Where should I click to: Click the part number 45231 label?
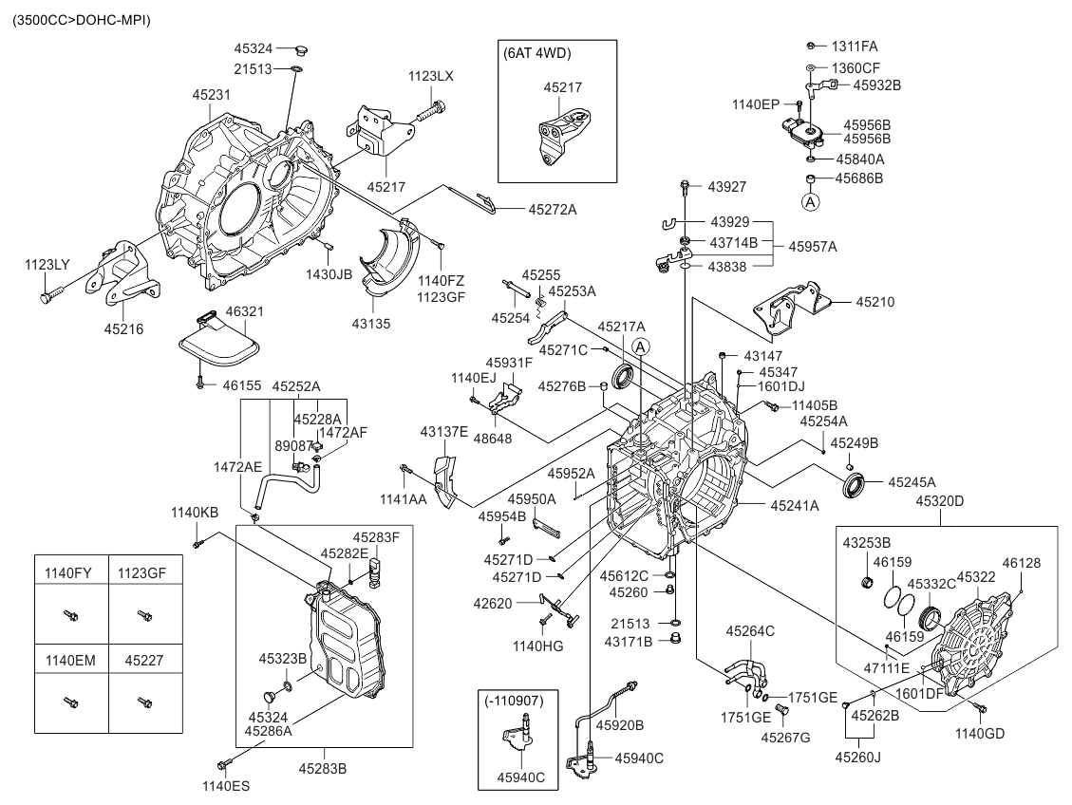click(212, 95)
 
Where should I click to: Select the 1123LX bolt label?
click(431, 76)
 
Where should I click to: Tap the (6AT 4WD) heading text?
click(537, 54)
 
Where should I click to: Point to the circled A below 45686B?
click(811, 202)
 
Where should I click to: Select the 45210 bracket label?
click(875, 302)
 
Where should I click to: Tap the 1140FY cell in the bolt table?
click(69, 573)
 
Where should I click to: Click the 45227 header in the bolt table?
click(144, 655)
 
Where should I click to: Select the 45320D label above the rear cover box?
click(939, 500)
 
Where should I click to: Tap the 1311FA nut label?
click(855, 46)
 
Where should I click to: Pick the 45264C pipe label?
click(750, 630)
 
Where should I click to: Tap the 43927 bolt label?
click(727, 186)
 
